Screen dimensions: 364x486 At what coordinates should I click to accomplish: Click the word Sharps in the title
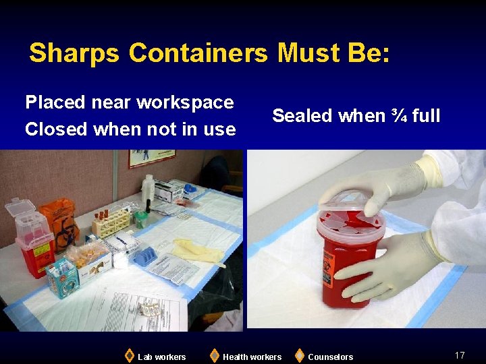pyautogui.click(x=74, y=53)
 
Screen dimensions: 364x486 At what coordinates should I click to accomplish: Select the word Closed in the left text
pyautogui.click(x=57, y=129)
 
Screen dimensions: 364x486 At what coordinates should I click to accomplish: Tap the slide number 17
pyautogui.click(x=460, y=355)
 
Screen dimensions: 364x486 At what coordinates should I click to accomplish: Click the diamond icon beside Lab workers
pyautogui.click(x=129, y=355)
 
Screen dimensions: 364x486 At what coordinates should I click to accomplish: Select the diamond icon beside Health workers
pyautogui.click(x=214, y=355)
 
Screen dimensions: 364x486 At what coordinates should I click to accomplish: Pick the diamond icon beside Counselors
pyautogui.click(x=299, y=355)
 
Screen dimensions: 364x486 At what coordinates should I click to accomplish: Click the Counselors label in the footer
pyautogui.click(x=330, y=357)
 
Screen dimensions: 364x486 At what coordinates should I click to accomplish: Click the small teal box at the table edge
pyautogui.click(x=61, y=276)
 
